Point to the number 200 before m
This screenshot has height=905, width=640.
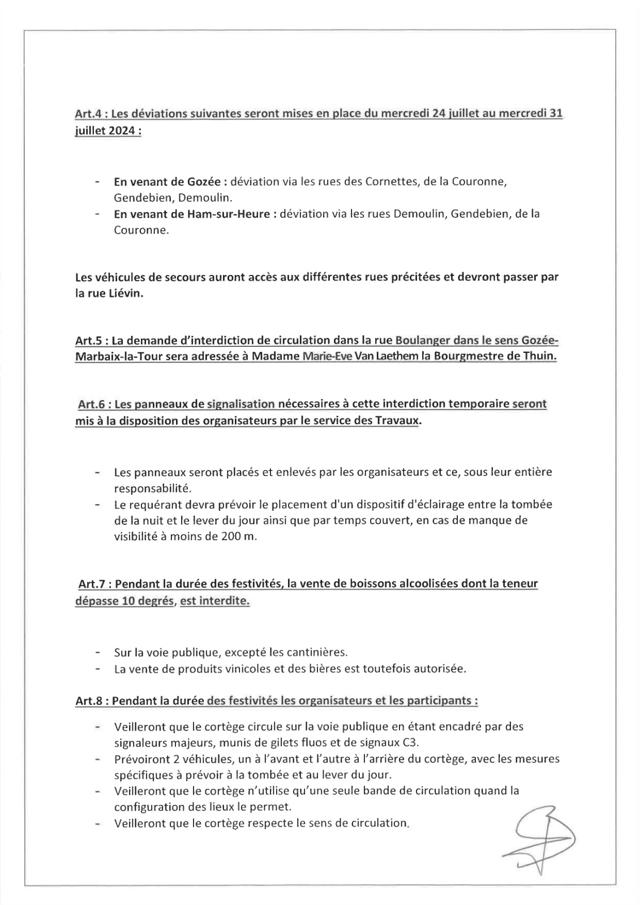(232, 537)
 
